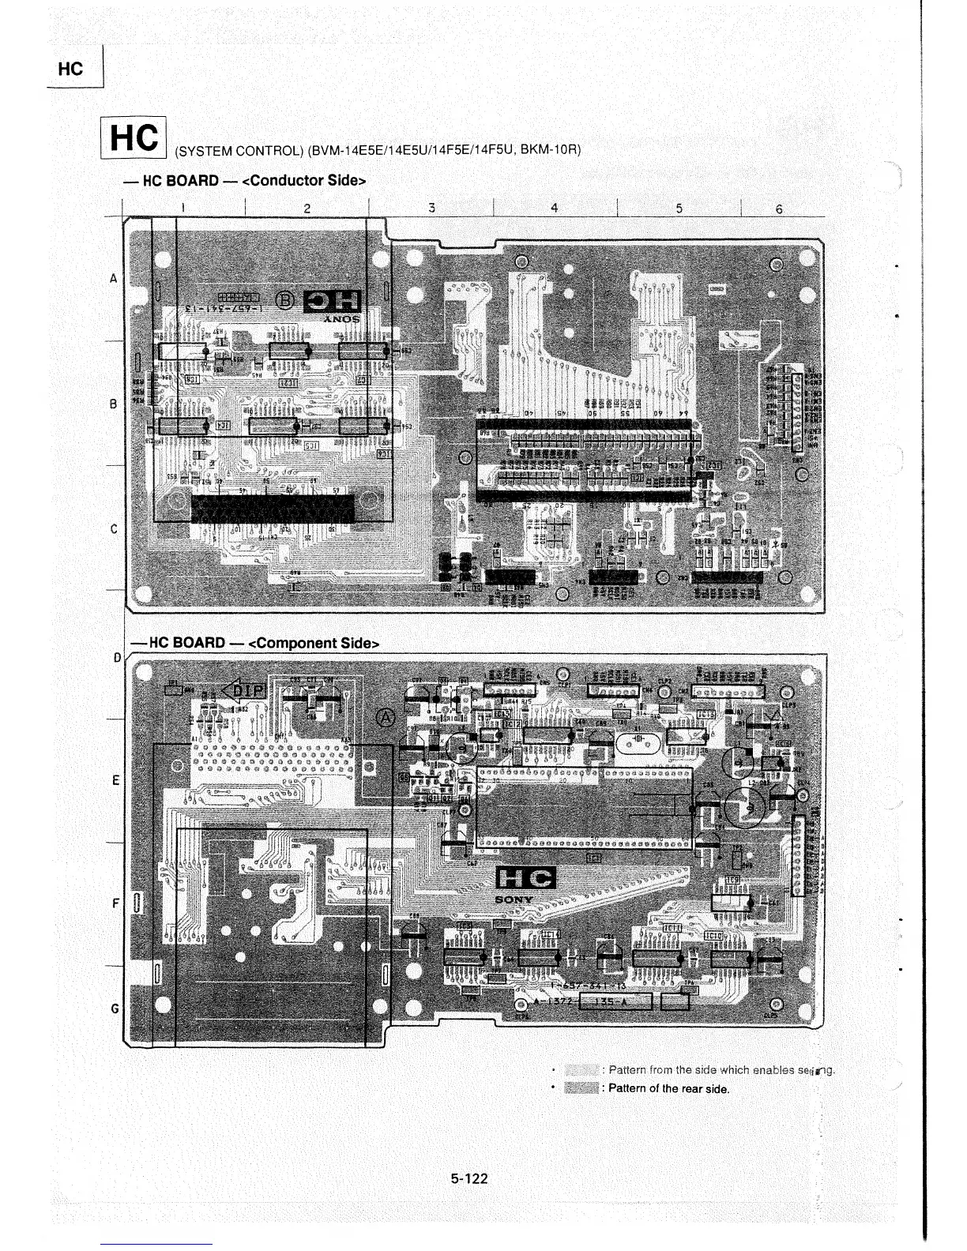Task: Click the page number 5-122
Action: tap(469, 1178)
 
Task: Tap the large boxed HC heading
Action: tap(134, 138)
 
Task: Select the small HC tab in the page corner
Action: tap(71, 69)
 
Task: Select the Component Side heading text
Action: tap(314, 643)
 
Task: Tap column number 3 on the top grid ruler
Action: tap(431, 208)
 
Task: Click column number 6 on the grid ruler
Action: tap(779, 209)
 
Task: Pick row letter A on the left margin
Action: tap(114, 278)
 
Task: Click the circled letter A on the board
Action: tap(386, 717)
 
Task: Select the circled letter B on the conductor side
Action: tap(284, 300)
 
